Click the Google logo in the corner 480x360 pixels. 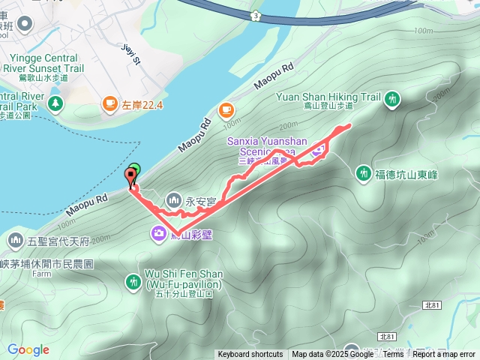click(28, 349)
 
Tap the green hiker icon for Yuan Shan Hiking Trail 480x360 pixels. click(391, 99)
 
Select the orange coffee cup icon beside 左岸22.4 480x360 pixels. click(110, 104)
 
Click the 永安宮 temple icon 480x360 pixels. click(174, 199)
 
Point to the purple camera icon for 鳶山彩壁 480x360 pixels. click(158, 233)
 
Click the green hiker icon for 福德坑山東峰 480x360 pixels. click(363, 172)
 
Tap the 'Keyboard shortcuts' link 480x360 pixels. click(250, 354)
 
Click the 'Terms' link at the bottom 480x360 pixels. click(393, 354)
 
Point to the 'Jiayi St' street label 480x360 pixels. click(131, 54)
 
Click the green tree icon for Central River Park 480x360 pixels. click(53, 101)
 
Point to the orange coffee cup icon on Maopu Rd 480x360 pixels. click(225, 110)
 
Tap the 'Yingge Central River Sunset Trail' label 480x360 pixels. click(43, 64)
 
